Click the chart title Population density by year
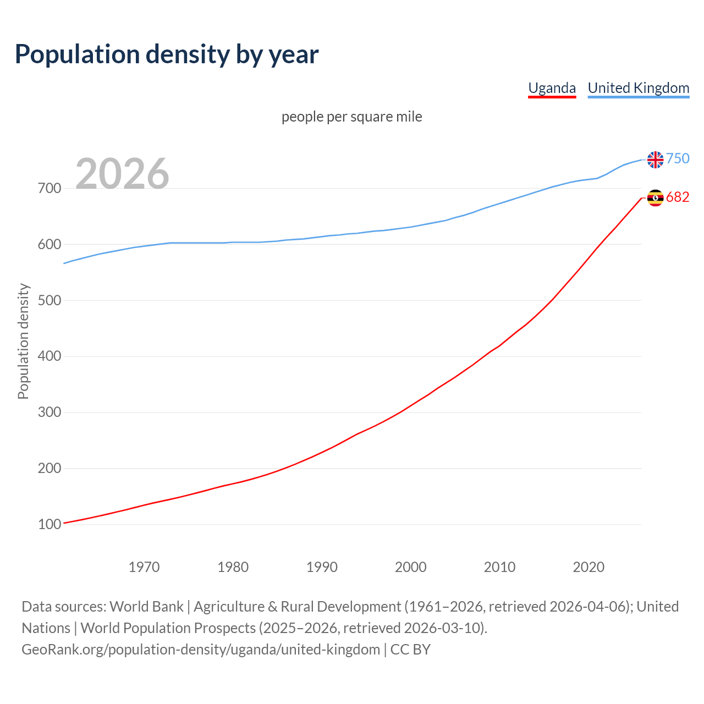[167, 54]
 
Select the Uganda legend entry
[552, 88]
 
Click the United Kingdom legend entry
[638, 88]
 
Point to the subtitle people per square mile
[351, 117]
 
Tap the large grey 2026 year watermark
[122, 174]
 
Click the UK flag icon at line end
[655, 159]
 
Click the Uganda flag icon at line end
[655, 197]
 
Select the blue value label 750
[678, 159]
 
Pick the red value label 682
[678, 197]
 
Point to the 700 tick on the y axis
[49, 189]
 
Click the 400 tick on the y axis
[49, 356]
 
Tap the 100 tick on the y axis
[49, 525]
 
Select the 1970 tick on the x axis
[144, 567]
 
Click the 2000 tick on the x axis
[411, 567]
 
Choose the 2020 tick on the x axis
[588, 567]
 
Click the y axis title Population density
[23, 341]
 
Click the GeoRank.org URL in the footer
[201, 650]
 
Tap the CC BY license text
[410, 650]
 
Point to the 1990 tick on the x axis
[322, 567]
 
